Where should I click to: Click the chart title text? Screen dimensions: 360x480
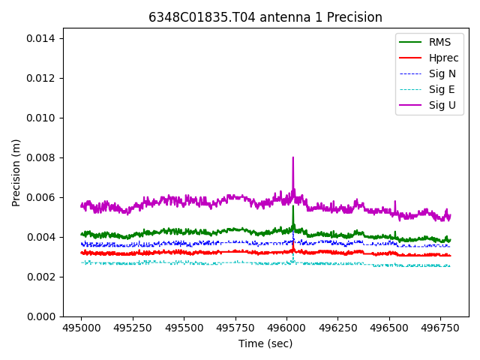click(x=265, y=17)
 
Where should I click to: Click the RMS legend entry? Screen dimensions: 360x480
click(x=439, y=42)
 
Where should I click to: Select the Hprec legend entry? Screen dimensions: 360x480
click(x=443, y=58)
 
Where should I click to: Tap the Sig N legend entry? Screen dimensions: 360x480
click(x=442, y=73)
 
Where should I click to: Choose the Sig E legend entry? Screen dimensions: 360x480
click(x=442, y=89)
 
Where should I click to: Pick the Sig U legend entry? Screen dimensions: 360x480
click(x=442, y=105)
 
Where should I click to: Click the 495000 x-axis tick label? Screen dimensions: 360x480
click(x=82, y=328)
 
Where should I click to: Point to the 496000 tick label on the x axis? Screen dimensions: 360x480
click(x=287, y=328)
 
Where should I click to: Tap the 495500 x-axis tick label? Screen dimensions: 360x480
click(x=184, y=328)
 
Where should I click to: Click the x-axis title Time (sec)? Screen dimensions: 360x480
click(x=265, y=343)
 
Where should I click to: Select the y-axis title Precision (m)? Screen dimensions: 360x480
click(x=16, y=172)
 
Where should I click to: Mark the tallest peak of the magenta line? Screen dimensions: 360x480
click(x=293, y=157)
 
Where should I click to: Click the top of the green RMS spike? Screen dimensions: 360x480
click(x=293, y=207)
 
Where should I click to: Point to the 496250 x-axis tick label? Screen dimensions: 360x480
click(x=338, y=328)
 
